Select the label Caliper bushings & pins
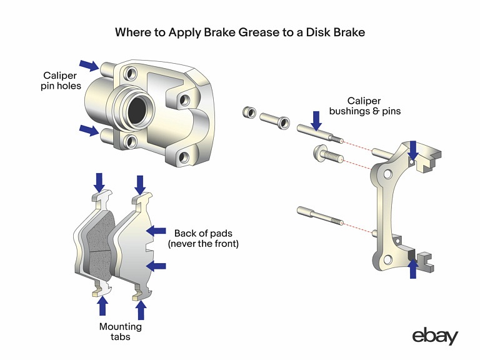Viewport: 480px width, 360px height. [374, 106]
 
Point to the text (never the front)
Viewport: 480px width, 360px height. [202, 244]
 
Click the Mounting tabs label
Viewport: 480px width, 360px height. [121, 331]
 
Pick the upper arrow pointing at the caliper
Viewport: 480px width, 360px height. [89, 64]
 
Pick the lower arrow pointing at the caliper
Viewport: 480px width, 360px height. [89, 130]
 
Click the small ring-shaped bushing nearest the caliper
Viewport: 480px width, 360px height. [248, 112]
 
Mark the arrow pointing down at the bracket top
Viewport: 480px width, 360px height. [412, 150]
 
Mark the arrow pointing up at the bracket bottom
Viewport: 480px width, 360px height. [412, 268]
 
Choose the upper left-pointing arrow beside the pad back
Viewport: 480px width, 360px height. [157, 231]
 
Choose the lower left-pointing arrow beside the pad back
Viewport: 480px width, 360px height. [157, 266]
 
